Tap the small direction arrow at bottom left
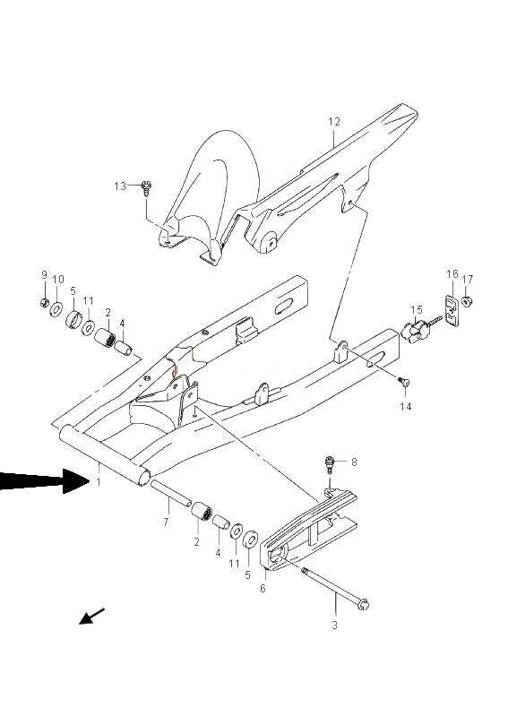(x=92, y=616)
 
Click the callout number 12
(x=334, y=122)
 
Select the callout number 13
(x=120, y=186)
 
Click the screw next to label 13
(x=146, y=188)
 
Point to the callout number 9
(x=45, y=275)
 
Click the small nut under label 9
(x=45, y=302)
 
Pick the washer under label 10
(x=56, y=310)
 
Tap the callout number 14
(x=406, y=406)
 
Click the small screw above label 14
(x=404, y=382)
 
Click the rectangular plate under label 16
(x=452, y=311)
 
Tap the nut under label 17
(x=467, y=301)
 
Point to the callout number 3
(x=334, y=625)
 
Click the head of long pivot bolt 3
(x=364, y=604)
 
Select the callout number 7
(x=166, y=522)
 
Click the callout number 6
(x=263, y=589)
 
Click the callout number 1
(x=98, y=482)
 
